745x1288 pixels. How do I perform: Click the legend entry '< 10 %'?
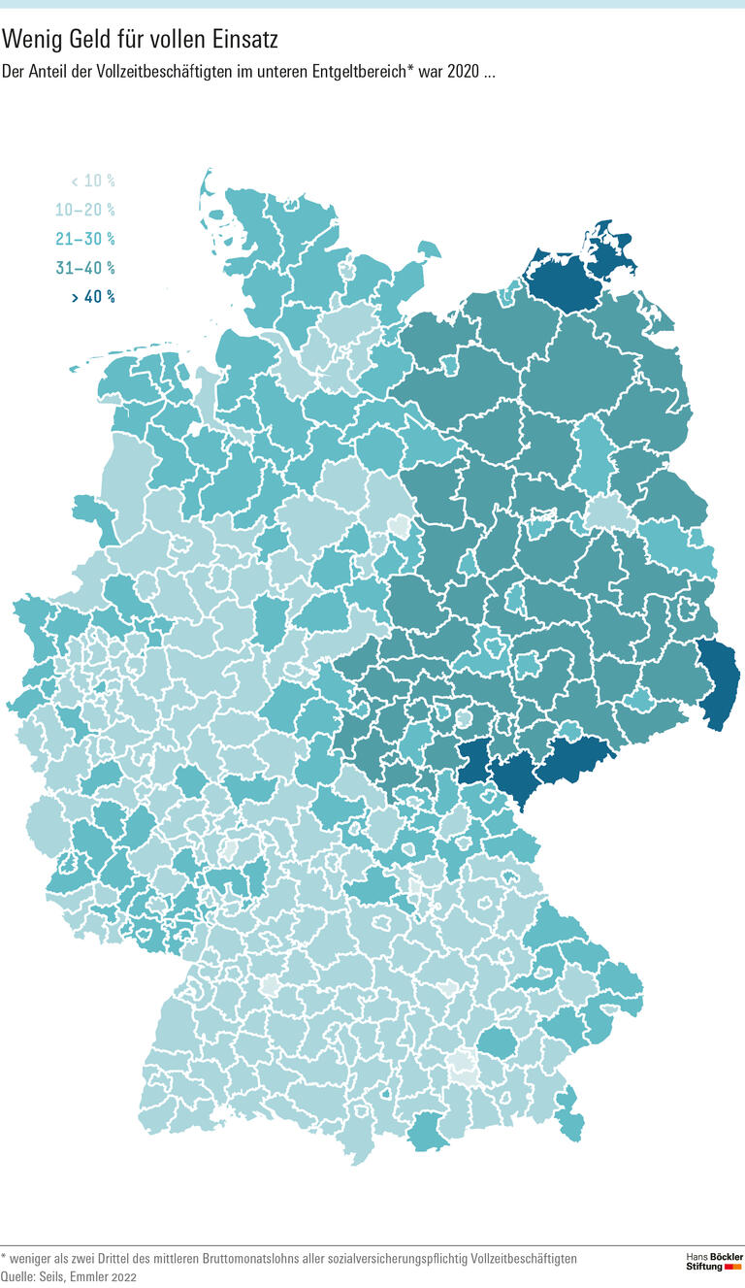tap(92, 181)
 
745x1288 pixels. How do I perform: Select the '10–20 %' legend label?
tap(85, 210)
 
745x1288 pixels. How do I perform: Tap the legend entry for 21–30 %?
tap(85, 239)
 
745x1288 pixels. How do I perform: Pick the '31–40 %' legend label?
tap(85, 268)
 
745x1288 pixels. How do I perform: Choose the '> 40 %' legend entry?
tap(92, 297)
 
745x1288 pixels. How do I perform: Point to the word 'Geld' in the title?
tap(83, 40)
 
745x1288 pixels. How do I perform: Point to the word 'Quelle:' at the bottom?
tap(19, 1277)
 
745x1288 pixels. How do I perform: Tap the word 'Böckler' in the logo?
tap(726, 1257)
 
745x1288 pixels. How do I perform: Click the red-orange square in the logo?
tap(732, 1268)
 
